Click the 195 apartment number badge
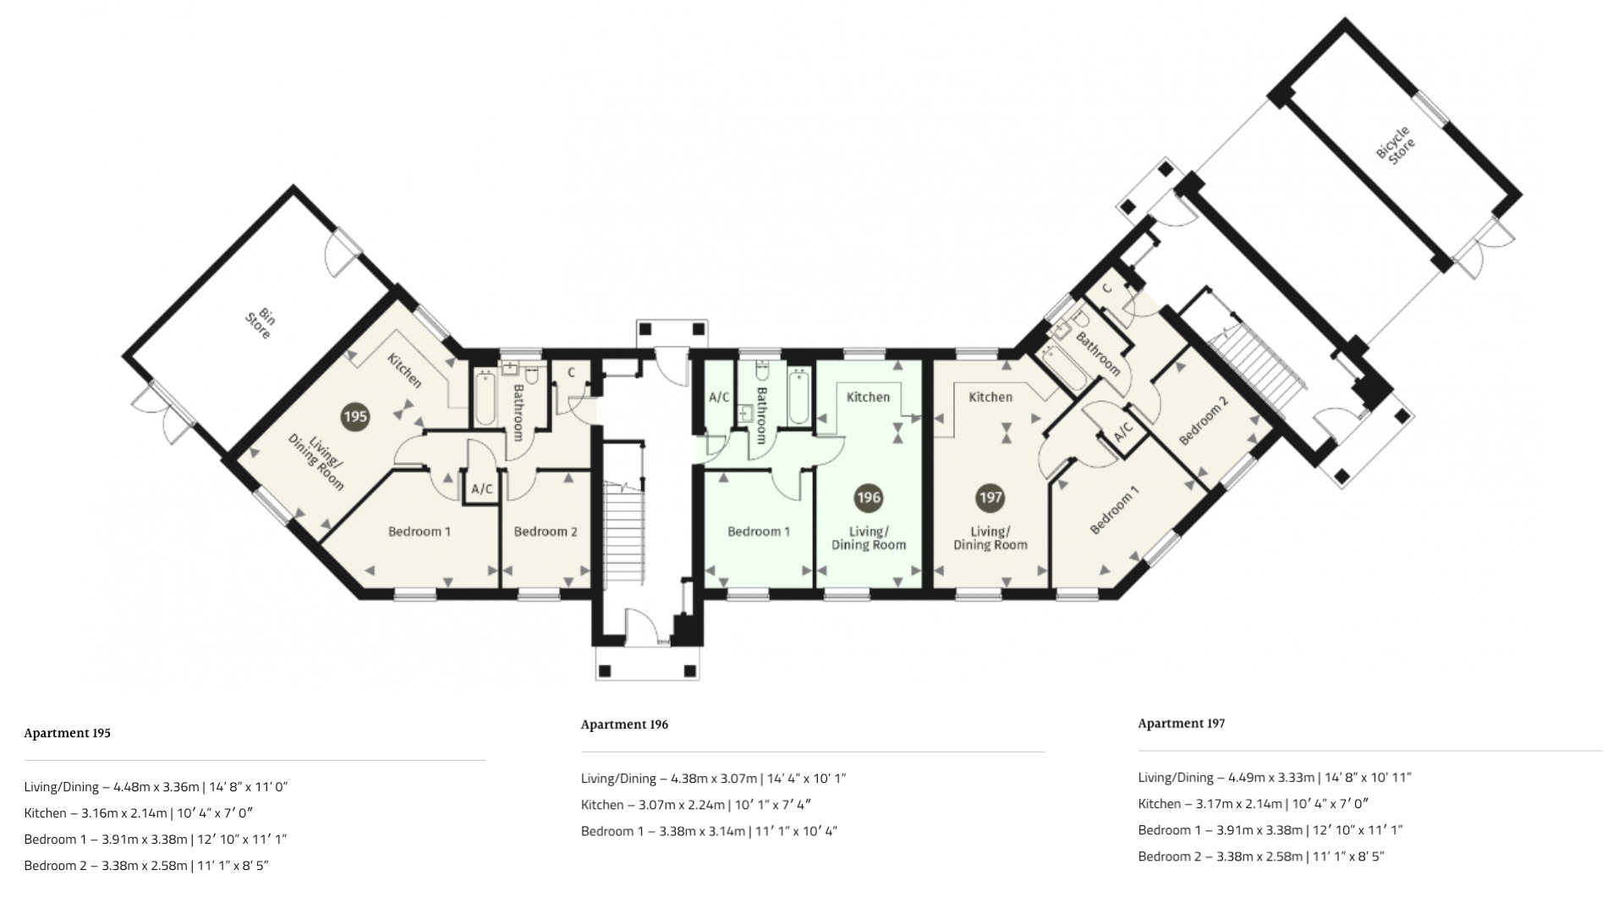tap(355, 416)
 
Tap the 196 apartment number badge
tap(869, 498)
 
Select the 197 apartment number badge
tap(990, 498)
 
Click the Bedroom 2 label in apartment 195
tap(546, 531)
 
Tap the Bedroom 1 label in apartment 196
tap(759, 531)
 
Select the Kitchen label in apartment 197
tap(990, 397)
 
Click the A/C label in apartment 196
tap(719, 397)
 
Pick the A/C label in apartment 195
tap(482, 489)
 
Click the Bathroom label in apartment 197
tap(1098, 354)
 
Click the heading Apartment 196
tap(624, 724)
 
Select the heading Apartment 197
tap(1182, 724)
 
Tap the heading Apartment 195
tap(68, 733)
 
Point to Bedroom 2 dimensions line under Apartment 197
tap(1261, 856)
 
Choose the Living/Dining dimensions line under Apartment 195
tap(156, 787)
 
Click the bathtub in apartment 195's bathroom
tap(485, 397)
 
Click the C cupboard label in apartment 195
tap(572, 372)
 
